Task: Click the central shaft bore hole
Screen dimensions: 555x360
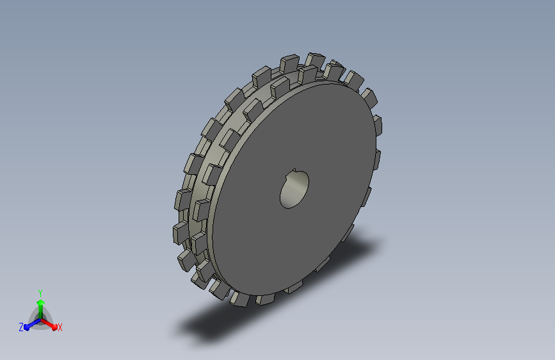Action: coord(294,189)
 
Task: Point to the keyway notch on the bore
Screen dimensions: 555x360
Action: coord(294,171)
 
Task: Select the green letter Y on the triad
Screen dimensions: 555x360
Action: coord(40,293)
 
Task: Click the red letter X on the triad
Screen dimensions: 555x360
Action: coord(60,328)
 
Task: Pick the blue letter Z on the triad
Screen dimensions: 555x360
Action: coord(21,327)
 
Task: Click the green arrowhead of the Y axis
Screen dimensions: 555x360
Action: coord(41,302)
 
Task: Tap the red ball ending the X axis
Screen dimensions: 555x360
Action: coord(54,327)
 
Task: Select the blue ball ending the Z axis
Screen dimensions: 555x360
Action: coord(27,328)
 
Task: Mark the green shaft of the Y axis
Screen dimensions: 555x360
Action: coord(41,312)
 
